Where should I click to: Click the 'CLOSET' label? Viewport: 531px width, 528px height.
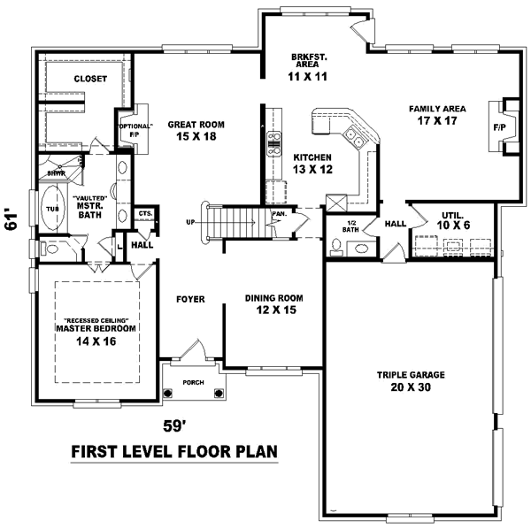[90, 79]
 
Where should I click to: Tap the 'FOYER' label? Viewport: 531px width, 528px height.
[190, 300]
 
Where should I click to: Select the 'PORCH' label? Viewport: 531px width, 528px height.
[194, 382]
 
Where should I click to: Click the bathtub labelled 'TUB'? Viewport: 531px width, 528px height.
[50, 209]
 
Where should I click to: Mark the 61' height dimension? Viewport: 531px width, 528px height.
[12, 220]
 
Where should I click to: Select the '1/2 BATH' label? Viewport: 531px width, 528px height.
[350, 226]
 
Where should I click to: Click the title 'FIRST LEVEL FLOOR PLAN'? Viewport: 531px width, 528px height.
[174, 452]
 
